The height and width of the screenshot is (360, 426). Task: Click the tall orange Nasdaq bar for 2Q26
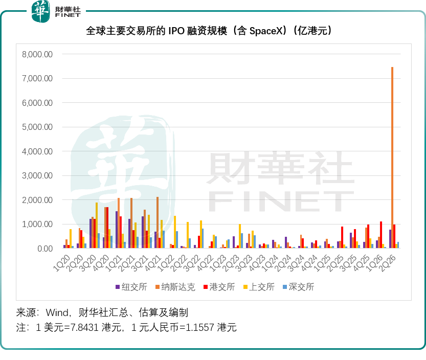click(x=392, y=157)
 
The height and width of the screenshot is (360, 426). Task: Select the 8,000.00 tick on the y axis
click(x=37, y=54)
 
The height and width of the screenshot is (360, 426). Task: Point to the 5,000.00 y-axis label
click(x=37, y=127)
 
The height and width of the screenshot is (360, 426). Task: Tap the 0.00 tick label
click(x=45, y=249)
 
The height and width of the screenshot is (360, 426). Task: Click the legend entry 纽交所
click(x=131, y=287)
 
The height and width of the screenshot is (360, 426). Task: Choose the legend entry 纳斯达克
click(x=175, y=287)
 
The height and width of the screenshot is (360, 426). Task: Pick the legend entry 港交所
click(x=219, y=287)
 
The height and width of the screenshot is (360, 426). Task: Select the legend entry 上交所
click(x=259, y=287)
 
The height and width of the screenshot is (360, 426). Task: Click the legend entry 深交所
click(x=299, y=287)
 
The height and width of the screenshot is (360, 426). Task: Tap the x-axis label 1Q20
click(x=62, y=263)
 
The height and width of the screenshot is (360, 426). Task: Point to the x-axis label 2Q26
click(x=388, y=263)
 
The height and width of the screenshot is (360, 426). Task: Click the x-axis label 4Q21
click(x=153, y=263)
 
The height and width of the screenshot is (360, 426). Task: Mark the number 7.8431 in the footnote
click(x=85, y=327)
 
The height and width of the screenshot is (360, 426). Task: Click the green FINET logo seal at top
click(x=41, y=11)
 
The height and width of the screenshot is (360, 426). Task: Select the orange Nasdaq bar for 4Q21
click(x=158, y=222)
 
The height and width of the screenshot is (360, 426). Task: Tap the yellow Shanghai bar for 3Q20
click(x=97, y=225)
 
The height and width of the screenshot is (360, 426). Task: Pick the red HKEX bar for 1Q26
click(x=381, y=235)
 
